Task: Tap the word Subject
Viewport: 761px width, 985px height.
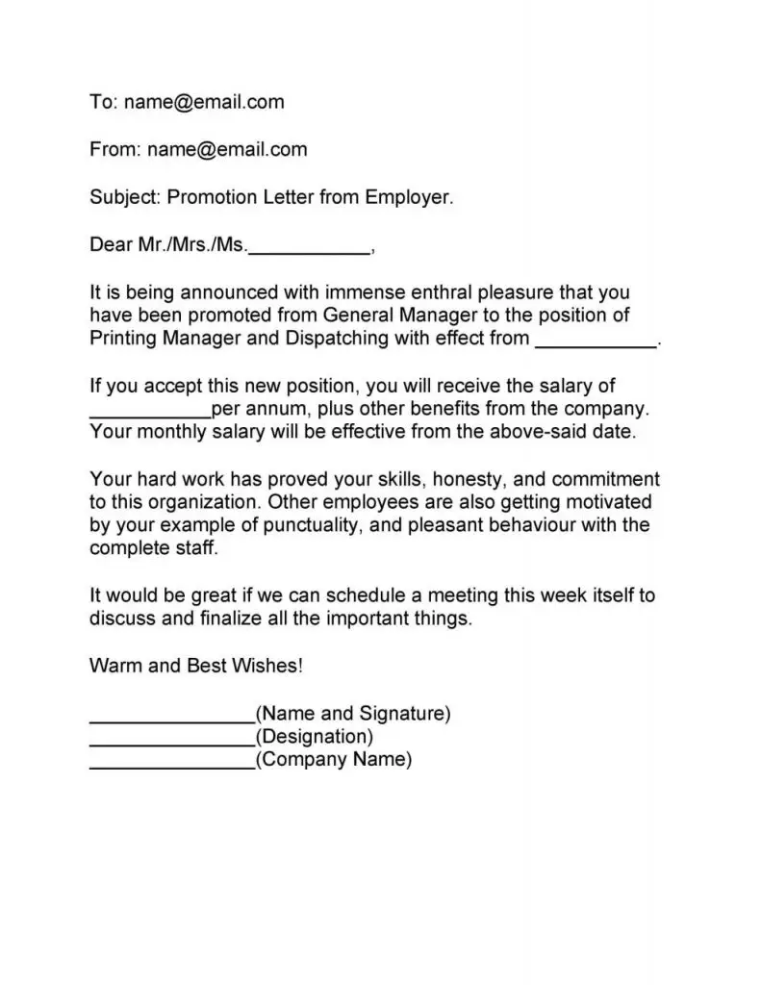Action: [x=124, y=197]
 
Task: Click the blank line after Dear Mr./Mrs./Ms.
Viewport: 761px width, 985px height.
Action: [x=309, y=246]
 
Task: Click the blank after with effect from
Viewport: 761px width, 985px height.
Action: [x=596, y=340]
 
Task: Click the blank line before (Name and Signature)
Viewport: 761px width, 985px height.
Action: [x=171, y=716]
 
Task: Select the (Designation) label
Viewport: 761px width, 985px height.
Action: [x=314, y=737]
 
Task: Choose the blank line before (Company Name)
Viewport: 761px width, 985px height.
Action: [x=171, y=762]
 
